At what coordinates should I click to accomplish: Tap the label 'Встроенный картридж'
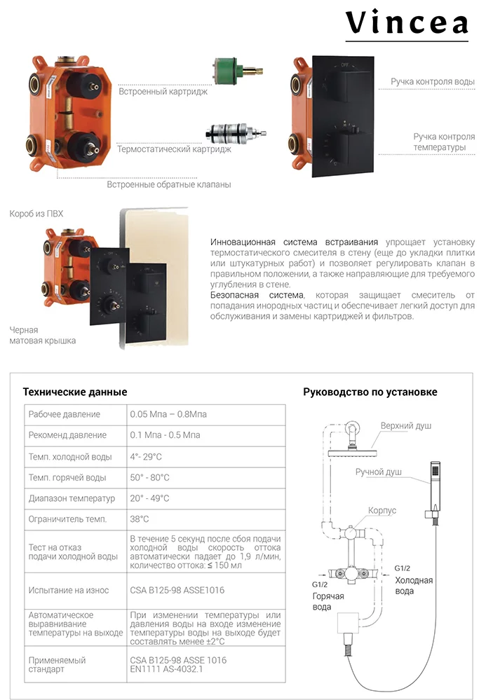pyautogui.click(x=163, y=92)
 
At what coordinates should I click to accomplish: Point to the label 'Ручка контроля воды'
pyautogui.click(x=433, y=82)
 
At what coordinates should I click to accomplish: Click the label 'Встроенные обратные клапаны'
pyautogui.click(x=169, y=185)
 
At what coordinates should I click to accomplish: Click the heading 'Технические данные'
pyautogui.click(x=75, y=392)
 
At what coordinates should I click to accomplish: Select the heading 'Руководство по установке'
pyautogui.click(x=370, y=392)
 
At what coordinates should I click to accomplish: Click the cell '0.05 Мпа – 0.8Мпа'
pyautogui.click(x=168, y=414)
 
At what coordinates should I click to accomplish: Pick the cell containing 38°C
pyautogui.click(x=140, y=519)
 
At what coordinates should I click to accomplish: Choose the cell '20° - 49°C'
pyautogui.click(x=149, y=498)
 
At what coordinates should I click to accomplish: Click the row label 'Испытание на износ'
pyautogui.click(x=69, y=590)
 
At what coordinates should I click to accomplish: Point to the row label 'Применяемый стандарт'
pyautogui.click(x=57, y=664)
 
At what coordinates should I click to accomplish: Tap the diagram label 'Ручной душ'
pyautogui.click(x=379, y=472)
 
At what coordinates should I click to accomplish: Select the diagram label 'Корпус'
pyautogui.click(x=382, y=511)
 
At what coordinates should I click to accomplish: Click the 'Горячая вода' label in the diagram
pyautogui.click(x=327, y=601)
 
